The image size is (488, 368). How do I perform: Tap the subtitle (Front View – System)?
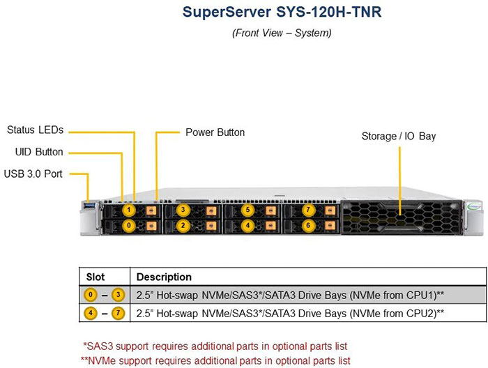(x=282, y=33)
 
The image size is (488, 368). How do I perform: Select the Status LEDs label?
(x=35, y=130)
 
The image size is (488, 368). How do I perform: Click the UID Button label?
(x=39, y=152)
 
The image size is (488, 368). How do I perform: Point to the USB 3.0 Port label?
(x=33, y=174)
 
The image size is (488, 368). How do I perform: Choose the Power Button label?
(x=215, y=132)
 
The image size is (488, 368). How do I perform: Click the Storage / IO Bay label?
(x=398, y=136)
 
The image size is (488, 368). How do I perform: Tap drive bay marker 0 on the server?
(x=129, y=226)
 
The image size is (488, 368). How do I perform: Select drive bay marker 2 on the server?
(x=183, y=226)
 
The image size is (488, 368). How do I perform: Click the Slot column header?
(x=96, y=277)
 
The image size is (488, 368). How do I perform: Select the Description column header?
(x=164, y=277)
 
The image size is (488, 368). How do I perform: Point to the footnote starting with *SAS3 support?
(x=215, y=346)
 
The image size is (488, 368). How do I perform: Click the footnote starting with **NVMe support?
(x=215, y=360)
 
